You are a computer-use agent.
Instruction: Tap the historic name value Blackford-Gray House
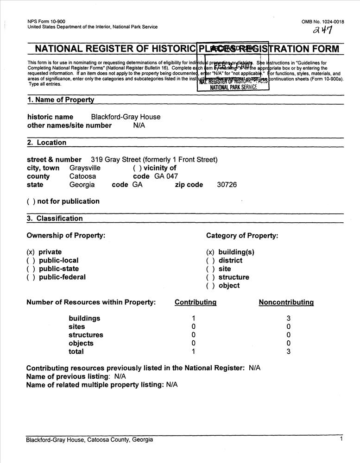(x=126, y=117)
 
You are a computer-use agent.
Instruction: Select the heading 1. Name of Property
(x=60, y=100)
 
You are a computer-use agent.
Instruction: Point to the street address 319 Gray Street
(x=154, y=160)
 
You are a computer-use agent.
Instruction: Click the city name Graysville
(x=85, y=168)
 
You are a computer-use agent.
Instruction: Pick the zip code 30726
(x=227, y=185)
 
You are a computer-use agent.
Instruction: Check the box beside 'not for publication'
(x=31, y=201)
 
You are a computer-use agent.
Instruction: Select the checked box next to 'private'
(x=31, y=252)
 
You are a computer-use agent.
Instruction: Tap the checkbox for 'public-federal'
(x=31, y=277)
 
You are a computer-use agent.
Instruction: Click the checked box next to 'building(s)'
(x=210, y=252)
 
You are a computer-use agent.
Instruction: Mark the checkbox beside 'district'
(x=210, y=261)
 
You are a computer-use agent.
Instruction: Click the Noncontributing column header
(x=286, y=302)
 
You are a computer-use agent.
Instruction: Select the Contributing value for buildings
(x=193, y=319)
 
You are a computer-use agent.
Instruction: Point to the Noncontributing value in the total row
(x=288, y=352)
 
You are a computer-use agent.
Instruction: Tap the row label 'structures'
(x=86, y=335)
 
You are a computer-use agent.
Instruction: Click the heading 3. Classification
(x=55, y=219)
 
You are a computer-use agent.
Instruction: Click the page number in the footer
(x=341, y=439)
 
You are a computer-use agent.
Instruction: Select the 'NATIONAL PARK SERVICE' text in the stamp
(x=234, y=88)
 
